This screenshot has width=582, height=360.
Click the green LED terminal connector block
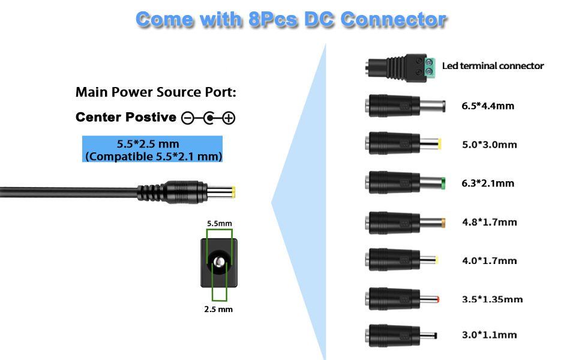pyautogui.click(x=429, y=66)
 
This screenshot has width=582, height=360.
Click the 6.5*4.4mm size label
pyautogui.click(x=488, y=106)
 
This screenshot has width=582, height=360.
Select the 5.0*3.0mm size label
pyautogui.click(x=489, y=145)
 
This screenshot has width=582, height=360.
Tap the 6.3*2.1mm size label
pyautogui.click(x=488, y=184)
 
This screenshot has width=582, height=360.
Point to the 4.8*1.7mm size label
pyautogui.click(x=489, y=222)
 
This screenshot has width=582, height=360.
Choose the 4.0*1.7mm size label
pyautogui.click(x=489, y=260)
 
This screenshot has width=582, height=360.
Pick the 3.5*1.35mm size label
pyautogui.click(x=492, y=299)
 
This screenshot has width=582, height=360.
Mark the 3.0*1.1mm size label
pyautogui.click(x=489, y=335)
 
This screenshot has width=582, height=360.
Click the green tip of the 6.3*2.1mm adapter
pyautogui.click(x=442, y=183)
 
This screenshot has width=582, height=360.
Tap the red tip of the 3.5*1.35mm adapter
pyautogui.click(x=437, y=298)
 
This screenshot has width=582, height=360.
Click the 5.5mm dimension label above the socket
pyautogui.click(x=219, y=223)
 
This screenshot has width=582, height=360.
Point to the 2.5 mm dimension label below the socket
pyautogui.click(x=219, y=310)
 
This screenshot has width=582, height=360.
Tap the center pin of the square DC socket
pyautogui.click(x=220, y=262)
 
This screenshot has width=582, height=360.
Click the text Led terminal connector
pyautogui.click(x=493, y=66)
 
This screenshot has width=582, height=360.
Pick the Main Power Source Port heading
pyautogui.click(x=156, y=92)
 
